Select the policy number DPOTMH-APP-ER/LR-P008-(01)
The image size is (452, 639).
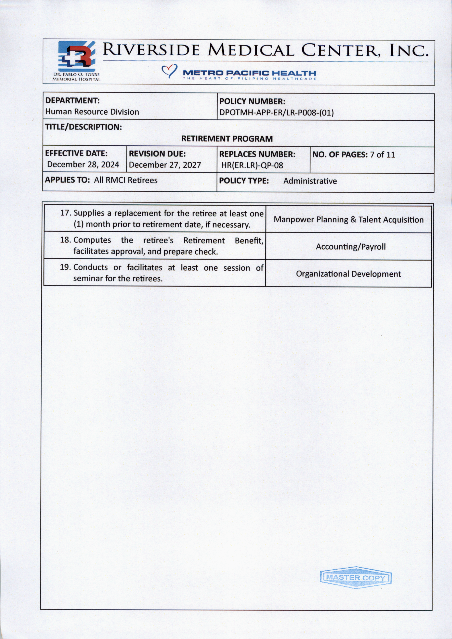276,113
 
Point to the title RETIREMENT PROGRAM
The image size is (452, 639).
227,139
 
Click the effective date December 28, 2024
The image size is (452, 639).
83,165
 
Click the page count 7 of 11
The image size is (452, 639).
382,155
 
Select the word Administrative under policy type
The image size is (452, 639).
310,181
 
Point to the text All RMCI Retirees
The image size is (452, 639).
126,180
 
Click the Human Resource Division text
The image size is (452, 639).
92,112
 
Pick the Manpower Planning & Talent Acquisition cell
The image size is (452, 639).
348,220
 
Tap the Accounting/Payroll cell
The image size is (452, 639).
351,247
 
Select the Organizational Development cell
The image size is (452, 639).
348,274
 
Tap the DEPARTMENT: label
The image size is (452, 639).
72,100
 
